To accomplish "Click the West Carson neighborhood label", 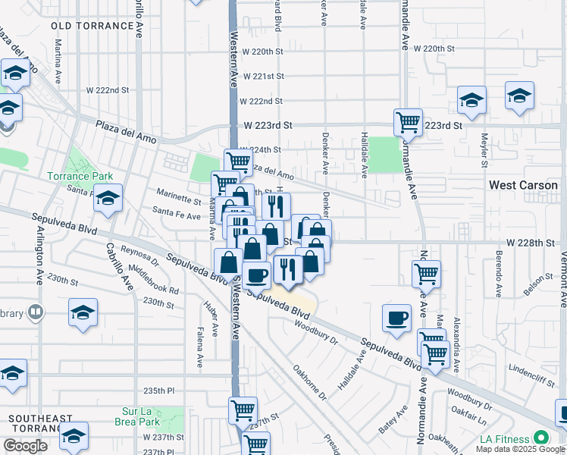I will pyautogui.click(x=523, y=185).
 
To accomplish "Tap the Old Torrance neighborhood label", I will pyautogui.click(x=93, y=26).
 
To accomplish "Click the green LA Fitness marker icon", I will pyautogui.click(x=541, y=438).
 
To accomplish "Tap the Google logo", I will pyautogui.click(x=25, y=446).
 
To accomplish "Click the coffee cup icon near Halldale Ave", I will pyautogui.click(x=396, y=318).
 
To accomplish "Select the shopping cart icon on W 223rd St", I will pyautogui.click(x=408, y=121).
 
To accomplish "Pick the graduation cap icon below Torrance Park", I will pyautogui.click(x=108, y=198).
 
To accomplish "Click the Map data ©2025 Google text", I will pyautogui.click(x=519, y=449).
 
